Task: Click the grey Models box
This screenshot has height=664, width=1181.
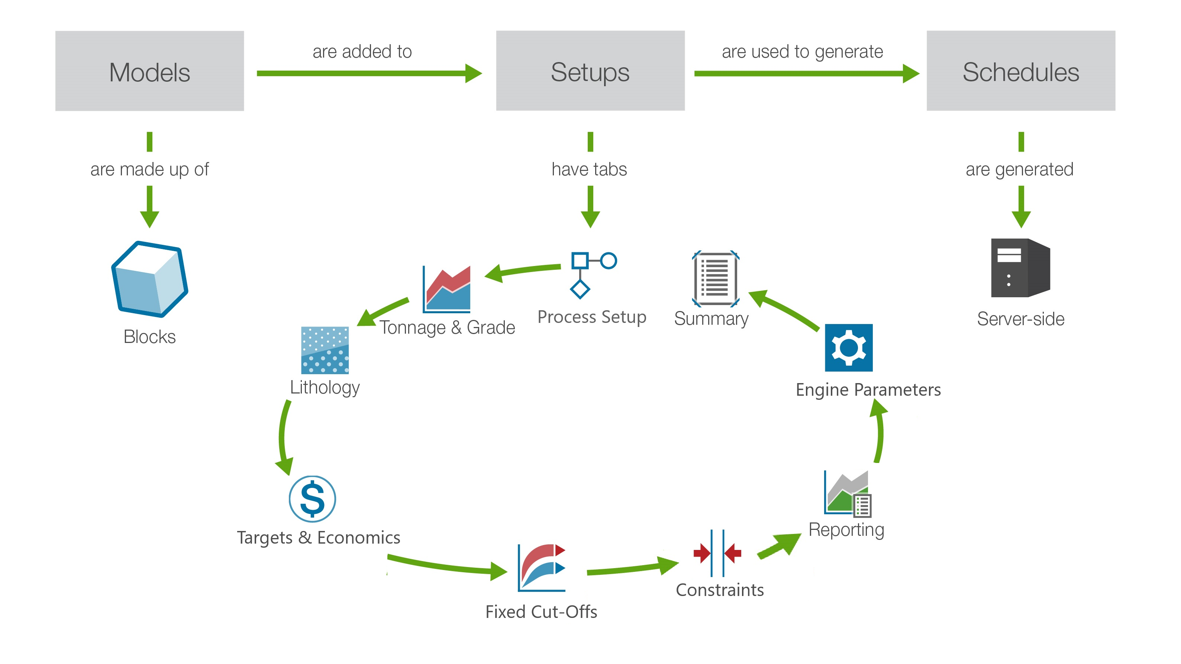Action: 149,71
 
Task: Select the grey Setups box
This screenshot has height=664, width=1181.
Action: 590,71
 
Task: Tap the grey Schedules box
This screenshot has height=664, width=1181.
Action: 1020,71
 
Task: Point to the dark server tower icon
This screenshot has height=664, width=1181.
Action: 1020,268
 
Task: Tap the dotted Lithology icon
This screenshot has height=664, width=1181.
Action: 325,350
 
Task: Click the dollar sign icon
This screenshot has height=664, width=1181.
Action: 312,499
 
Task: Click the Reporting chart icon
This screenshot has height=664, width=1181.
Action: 847,493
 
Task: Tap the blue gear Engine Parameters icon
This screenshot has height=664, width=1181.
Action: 849,348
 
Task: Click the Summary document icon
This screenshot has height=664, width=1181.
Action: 715,279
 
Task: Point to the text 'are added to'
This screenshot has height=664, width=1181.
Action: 362,52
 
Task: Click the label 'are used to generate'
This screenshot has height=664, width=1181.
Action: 802,52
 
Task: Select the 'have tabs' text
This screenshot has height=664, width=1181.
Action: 589,169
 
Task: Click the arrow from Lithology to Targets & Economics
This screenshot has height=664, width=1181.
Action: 284,438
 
